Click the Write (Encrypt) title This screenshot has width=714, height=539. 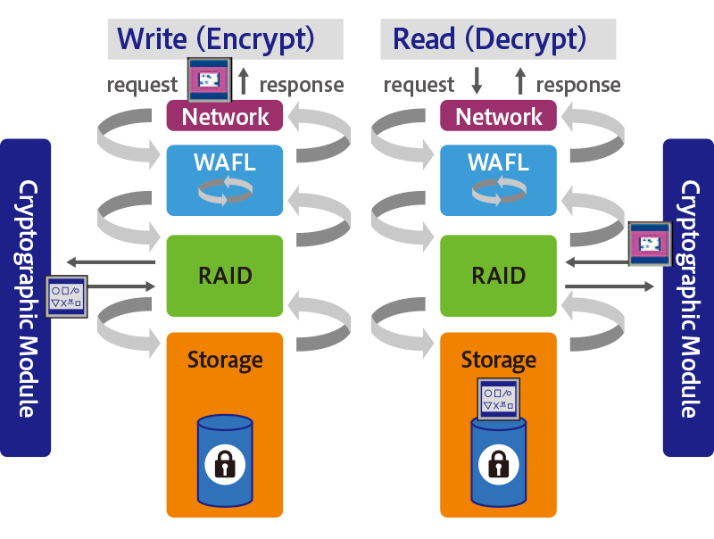coord(216,39)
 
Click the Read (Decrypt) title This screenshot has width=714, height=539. coord(489,39)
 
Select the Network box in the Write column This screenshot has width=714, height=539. coord(225,116)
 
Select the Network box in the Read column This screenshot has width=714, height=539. coord(499,116)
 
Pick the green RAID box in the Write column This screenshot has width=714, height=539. coord(225,275)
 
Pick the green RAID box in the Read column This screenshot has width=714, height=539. coord(499,275)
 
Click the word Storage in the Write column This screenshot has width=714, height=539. coord(225,360)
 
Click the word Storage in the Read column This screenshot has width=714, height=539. coord(499,360)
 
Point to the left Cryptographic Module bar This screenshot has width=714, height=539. coord(26,298)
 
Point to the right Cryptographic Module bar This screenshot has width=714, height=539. coord(688,298)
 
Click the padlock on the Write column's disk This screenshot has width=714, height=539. coord(225,464)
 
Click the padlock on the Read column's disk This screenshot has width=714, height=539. coord(499,464)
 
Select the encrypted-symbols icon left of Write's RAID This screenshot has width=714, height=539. coord(68,296)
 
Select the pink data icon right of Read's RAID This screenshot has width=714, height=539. coord(648,243)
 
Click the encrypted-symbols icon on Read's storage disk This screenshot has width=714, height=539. coord(499,399)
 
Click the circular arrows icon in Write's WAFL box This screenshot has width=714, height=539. coord(225,189)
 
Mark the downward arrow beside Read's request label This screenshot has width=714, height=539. coord(477,83)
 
